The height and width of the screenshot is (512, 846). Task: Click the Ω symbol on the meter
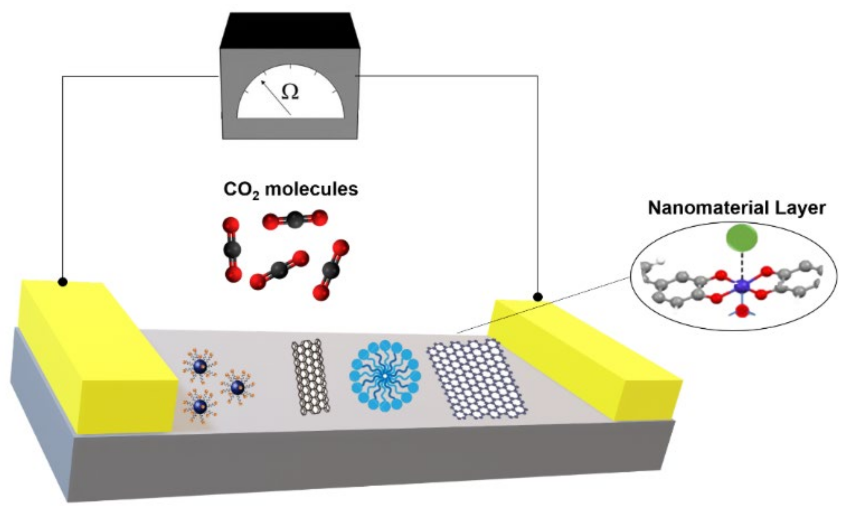(290, 92)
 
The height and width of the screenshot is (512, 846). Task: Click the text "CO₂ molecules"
(291, 190)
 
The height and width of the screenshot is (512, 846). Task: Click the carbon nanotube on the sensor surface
(310, 376)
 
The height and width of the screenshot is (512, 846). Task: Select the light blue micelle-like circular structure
(385, 376)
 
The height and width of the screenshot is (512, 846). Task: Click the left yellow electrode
(96, 357)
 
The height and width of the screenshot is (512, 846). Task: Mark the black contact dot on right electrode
(538, 297)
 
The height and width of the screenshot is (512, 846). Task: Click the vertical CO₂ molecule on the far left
(232, 250)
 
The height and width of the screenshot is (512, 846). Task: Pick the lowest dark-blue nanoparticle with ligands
(200, 406)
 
